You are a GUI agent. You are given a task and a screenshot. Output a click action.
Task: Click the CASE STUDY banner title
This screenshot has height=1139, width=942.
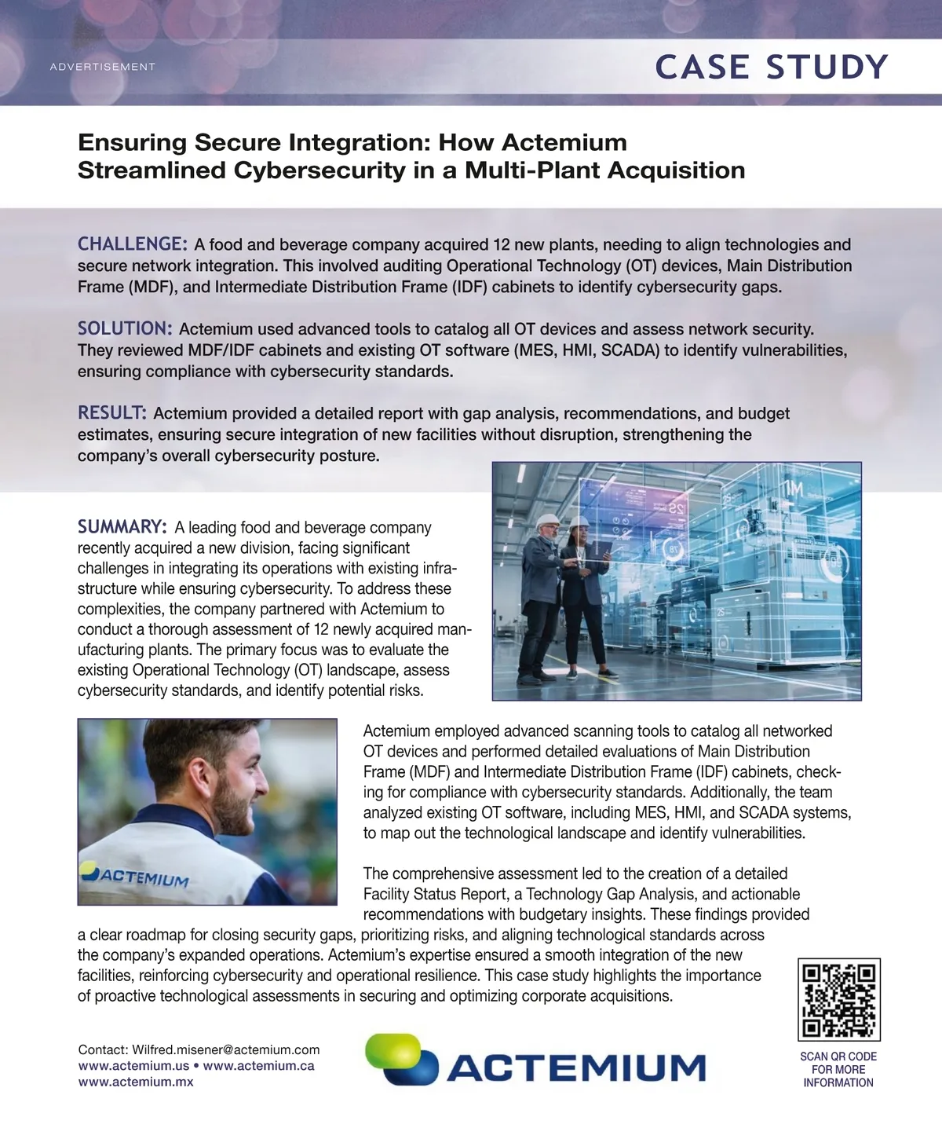tap(771, 68)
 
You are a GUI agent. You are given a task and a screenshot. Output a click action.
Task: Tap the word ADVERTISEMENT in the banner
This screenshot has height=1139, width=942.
tap(102, 67)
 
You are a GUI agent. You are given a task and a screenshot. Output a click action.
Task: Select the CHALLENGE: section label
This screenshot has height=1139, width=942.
tap(132, 244)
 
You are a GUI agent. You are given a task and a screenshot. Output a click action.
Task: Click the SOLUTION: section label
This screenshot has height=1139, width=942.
tap(124, 328)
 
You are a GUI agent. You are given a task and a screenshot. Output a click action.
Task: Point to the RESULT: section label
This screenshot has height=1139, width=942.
tap(111, 412)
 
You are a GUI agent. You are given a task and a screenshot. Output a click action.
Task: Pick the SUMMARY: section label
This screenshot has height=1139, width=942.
tap(122, 526)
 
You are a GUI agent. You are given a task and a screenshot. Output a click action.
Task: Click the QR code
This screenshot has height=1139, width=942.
tap(838, 999)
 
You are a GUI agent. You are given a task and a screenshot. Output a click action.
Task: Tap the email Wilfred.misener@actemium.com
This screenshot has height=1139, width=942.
tap(226, 1050)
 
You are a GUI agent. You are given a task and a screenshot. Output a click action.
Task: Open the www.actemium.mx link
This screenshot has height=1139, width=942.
tap(135, 1082)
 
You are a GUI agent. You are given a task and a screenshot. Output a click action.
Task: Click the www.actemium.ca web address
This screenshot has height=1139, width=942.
tap(258, 1066)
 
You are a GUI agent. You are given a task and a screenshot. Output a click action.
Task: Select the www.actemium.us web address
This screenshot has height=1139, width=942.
tap(133, 1066)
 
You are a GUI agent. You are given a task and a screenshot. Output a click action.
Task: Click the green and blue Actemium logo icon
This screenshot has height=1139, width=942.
tap(400, 1060)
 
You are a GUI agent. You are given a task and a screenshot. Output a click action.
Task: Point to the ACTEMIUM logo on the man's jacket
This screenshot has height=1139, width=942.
tap(135, 875)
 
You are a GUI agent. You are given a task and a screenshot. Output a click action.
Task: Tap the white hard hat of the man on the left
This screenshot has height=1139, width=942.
tap(547, 522)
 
